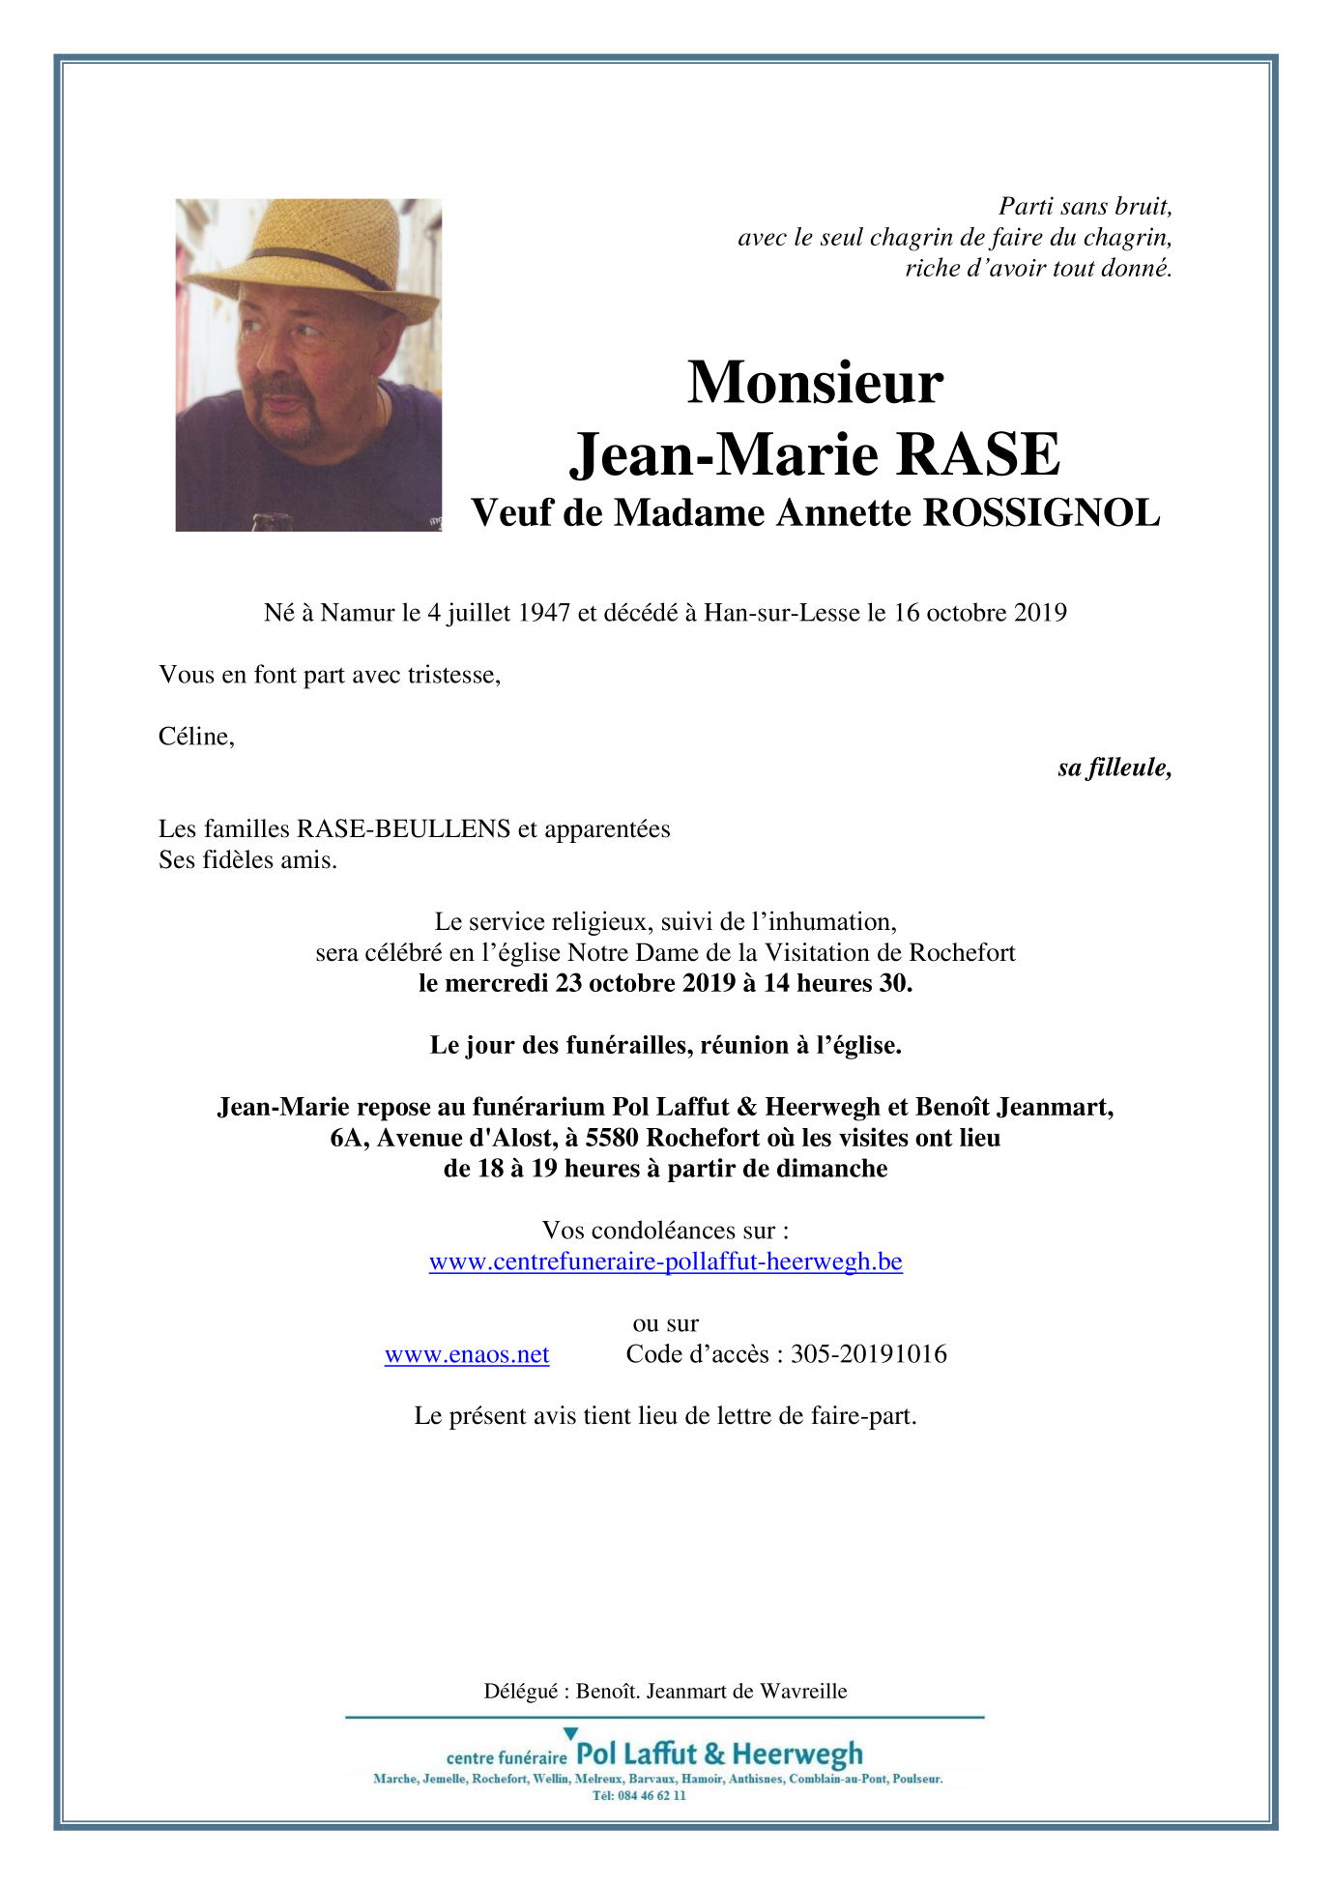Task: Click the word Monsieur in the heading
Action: pos(815,383)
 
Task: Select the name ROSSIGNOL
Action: pos(1041,513)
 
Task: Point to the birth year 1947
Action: pos(544,613)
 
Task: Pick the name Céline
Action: pos(194,737)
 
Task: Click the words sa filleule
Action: pos(1114,768)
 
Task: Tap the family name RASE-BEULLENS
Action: pos(403,829)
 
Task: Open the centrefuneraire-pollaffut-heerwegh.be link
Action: pos(665,1261)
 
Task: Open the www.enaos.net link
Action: pos(467,1354)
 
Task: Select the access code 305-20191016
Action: pos(868,1354)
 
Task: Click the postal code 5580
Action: pos(612,1138)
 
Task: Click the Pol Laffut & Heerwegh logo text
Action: pos(719,1754)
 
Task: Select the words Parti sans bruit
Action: pos(1085,207)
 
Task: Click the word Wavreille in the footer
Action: pos(803,1692)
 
